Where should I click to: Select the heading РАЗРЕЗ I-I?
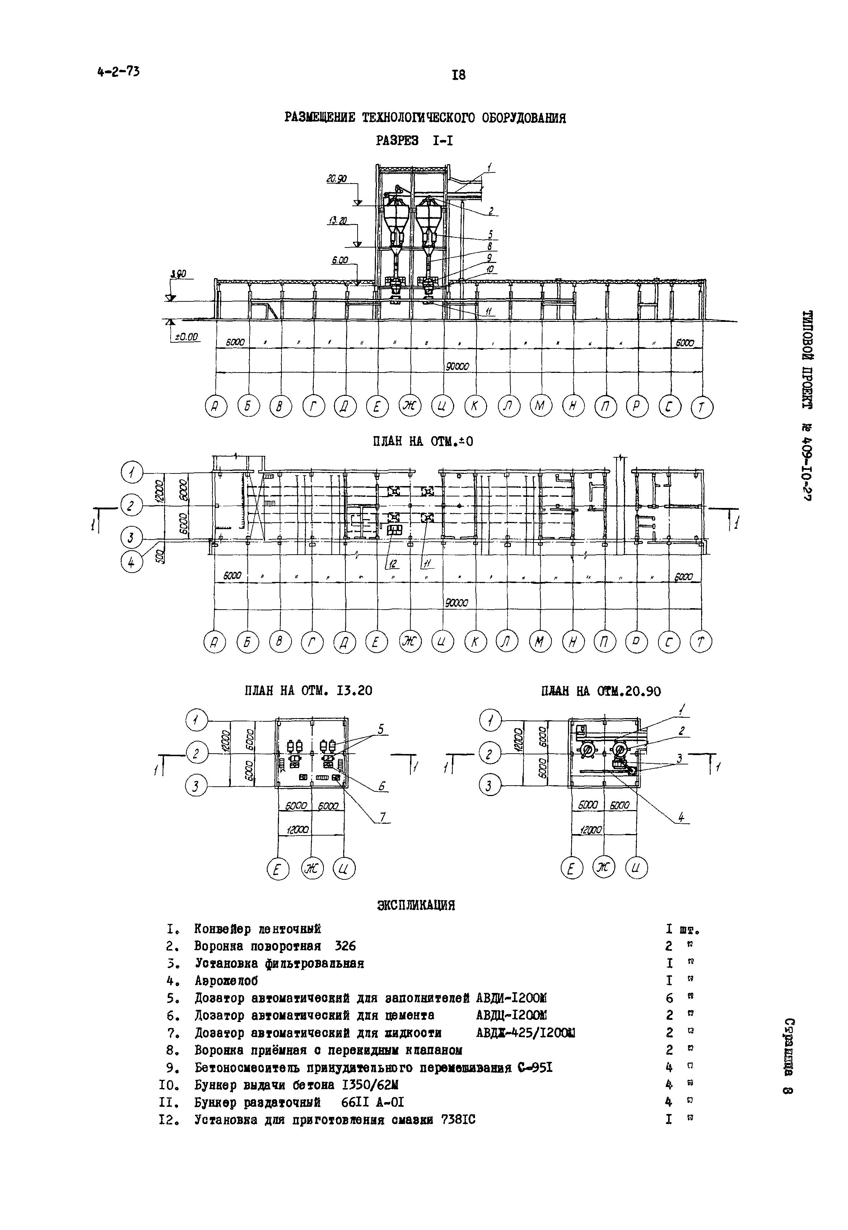click(414, 141)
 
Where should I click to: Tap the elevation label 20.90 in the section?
click(336, 180)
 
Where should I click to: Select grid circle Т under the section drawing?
click(702, 408)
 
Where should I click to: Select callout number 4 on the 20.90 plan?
click(681, 817)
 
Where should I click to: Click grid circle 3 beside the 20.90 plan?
click(490, 785)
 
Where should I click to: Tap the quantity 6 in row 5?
click(669, 998)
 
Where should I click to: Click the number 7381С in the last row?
click(458, 1119)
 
